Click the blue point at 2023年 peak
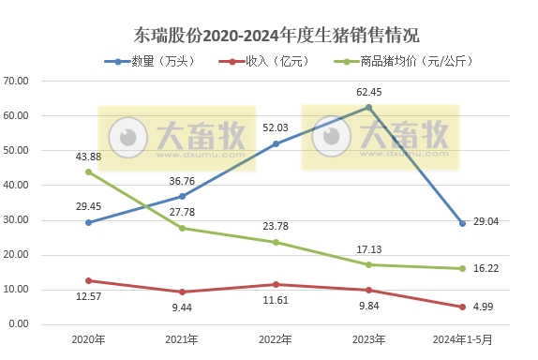(368, 108)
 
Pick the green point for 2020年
(88, 172)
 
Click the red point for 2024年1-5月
(462, 307)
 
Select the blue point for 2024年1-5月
(462, 223)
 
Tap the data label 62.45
(369, 92)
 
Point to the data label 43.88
(88, 156)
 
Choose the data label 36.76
(182, 180)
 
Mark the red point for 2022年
(276, 284)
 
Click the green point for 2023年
(368, 264)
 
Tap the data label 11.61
(276, 301)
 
